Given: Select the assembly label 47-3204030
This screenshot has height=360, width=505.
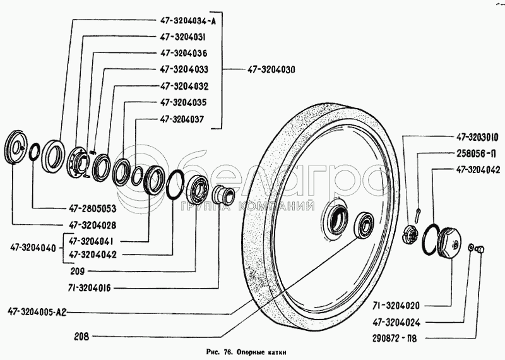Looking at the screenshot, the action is pos(271,69).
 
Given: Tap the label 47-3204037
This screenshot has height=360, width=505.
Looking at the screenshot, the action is pos(182,119).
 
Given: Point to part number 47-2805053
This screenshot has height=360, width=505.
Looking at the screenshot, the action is pos(92,209).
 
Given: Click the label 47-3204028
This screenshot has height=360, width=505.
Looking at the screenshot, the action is pos(92,225).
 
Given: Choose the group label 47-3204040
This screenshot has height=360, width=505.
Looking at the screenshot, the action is pos(33,248).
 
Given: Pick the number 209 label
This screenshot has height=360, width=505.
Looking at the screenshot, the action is pos(77,272).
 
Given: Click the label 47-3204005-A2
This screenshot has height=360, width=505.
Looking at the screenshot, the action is pos(37,312).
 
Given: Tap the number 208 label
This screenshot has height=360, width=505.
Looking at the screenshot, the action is pos(81,337).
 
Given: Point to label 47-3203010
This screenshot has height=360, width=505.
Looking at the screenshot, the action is pos(477,138).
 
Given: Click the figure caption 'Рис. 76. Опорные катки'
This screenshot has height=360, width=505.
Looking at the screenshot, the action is pos(246,352).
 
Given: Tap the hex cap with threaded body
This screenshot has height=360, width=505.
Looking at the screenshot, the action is pos(449,241).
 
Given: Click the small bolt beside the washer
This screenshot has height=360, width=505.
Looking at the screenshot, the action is pos(480,249).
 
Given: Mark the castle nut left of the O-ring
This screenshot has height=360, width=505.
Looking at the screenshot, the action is pos(410,233).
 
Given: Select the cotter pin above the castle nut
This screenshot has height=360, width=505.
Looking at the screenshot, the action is pos(418,215).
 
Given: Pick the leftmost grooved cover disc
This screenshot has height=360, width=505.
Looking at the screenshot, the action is pos(16,147).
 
